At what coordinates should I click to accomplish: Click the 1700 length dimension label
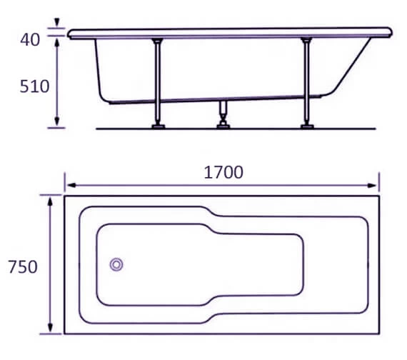(223, 173)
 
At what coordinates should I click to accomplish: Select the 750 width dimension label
(22, 267)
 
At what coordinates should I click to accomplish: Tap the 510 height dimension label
(34, 86)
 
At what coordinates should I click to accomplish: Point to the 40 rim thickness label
(29, 39)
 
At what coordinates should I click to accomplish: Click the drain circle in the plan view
(116, 264)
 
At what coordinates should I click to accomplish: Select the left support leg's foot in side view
(158, 126)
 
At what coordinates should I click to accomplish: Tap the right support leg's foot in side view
(307, 126)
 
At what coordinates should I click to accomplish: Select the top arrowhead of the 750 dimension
(50, 201)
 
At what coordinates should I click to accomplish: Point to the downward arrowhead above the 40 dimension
(56, 26)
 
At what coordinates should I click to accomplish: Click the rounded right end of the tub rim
(390, 32)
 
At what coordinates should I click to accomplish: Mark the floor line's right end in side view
(375, 129)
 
